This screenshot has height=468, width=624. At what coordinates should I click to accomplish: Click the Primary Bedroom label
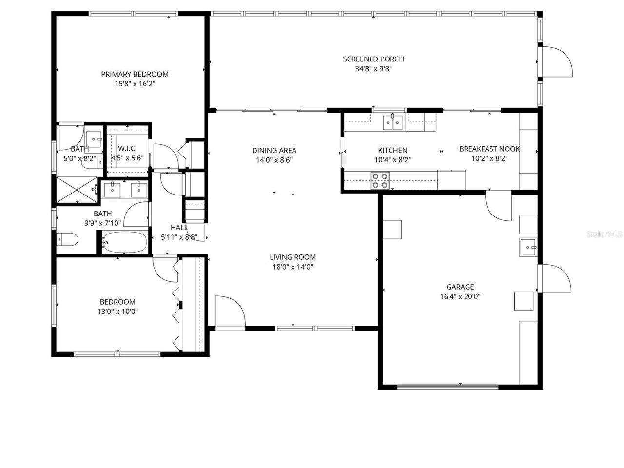(135, 74)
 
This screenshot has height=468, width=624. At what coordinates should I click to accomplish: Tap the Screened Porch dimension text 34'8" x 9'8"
(373, 69)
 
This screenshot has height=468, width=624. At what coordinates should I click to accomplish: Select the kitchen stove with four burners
(380, 180)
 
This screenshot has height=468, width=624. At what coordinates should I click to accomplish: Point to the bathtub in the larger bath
(124, 242)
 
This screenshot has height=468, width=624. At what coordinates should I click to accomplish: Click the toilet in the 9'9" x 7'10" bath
(67, 239)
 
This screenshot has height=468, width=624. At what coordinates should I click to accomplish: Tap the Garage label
(460, 287)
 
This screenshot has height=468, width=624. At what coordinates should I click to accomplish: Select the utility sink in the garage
(528, 247)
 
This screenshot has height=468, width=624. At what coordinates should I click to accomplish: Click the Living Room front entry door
(229, 311)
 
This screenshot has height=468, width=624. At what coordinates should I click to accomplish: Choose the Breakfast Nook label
(489, 149)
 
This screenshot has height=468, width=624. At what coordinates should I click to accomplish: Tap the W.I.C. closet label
(127, 148)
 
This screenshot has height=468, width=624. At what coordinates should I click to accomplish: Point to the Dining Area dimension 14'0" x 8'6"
(274, 160)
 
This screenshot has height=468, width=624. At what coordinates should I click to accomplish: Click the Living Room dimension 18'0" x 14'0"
(293, 267)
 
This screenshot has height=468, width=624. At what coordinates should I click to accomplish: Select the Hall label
(179, 227)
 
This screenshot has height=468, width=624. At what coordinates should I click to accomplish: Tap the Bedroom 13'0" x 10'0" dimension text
(117, 312)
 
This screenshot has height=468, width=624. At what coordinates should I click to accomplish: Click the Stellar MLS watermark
(604, 234)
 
